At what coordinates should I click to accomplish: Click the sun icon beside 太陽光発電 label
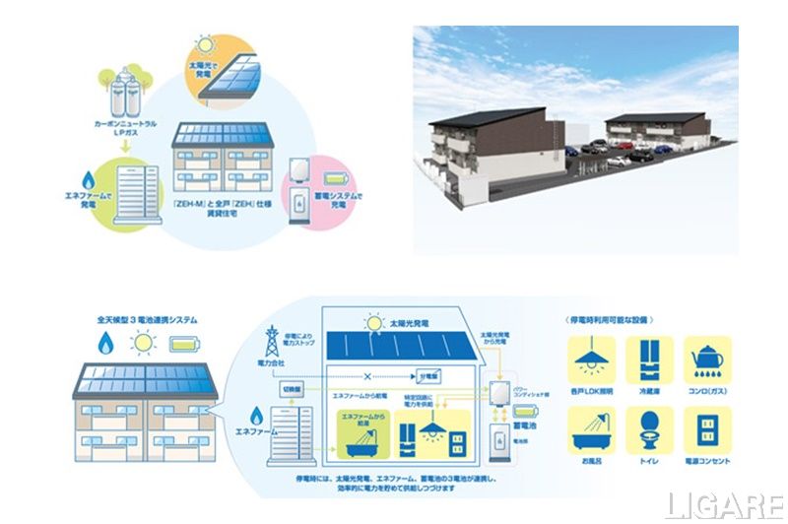click(372, 320)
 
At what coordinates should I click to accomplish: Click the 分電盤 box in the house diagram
click(427, 376)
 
